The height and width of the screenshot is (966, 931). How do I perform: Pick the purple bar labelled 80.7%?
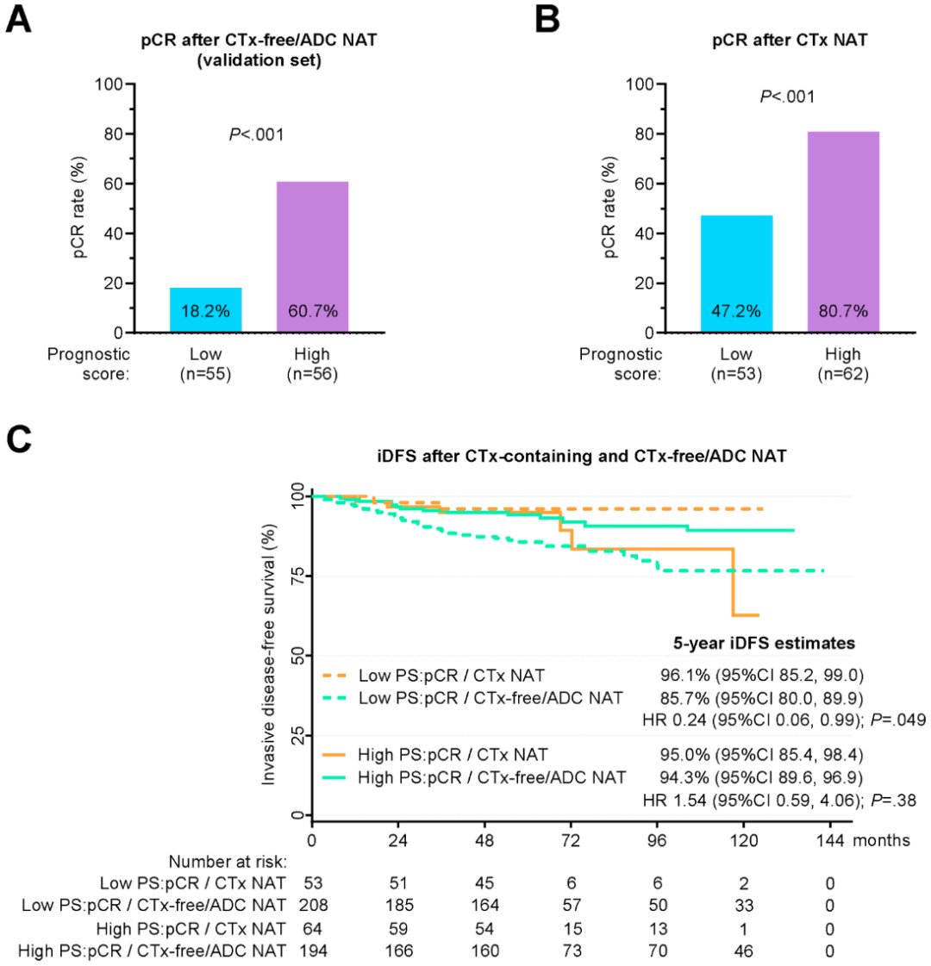click(x=843, y=232)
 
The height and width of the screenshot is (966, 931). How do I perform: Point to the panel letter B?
click(x=549, y=19)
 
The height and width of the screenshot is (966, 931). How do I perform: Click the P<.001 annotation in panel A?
click(x=254, y=134)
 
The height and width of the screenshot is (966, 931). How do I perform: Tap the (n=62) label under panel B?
click(x=843, y=376)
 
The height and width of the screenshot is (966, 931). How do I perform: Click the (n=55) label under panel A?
click(x=205, y=376)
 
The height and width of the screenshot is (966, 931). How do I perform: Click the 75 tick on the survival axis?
click(x=297, y=575)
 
